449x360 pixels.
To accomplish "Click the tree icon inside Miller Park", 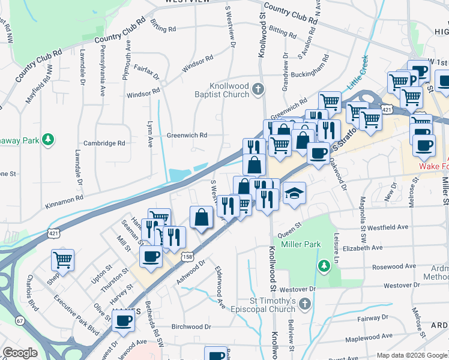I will [324, 265].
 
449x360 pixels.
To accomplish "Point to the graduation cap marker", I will [294, 194].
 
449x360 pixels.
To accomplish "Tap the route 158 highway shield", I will [187, 256].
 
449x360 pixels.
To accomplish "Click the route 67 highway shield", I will [20, 338].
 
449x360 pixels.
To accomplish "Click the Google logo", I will [20, 353].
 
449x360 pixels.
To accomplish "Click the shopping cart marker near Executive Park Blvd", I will [62, 260].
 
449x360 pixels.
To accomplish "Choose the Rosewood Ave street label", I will [394, 266].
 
